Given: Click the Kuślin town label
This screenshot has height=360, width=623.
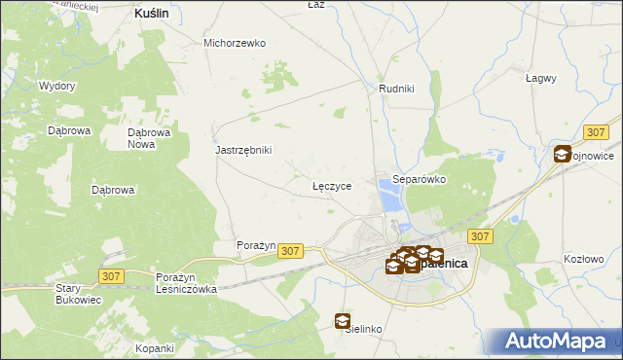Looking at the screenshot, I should [150, 15].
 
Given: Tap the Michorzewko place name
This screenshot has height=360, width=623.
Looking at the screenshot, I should [235, 43].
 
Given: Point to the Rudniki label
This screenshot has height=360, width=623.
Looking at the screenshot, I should [396, 89].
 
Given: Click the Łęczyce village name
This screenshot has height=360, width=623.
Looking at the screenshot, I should [331, 184].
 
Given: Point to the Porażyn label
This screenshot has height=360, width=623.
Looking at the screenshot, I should [257, 245].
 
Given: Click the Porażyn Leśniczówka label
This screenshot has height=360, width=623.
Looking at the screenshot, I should [186, 283].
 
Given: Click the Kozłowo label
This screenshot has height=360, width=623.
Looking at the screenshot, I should [584, 259].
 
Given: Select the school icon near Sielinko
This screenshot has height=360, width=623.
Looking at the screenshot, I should [343, 320].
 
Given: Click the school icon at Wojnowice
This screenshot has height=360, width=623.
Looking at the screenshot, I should [562, 154].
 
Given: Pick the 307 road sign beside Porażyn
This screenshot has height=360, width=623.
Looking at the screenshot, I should [290, 251].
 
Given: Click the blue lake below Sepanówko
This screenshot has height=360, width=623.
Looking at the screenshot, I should [391, 200].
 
